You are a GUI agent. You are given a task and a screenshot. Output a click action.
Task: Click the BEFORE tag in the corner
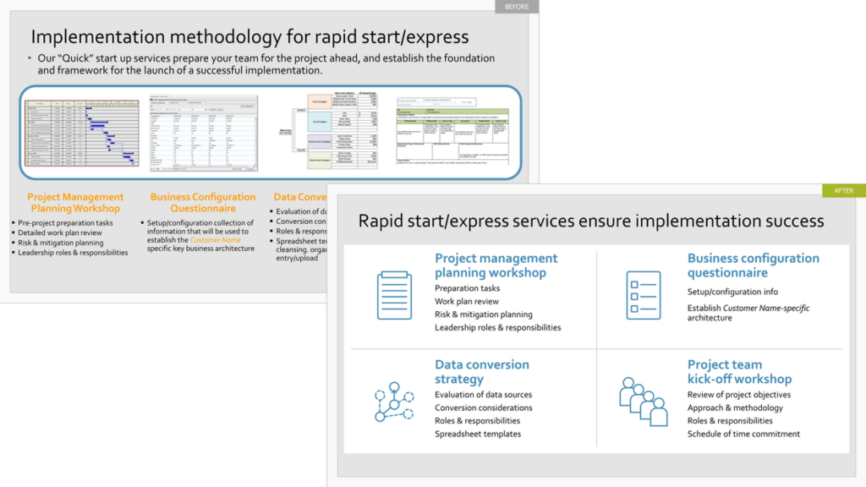click(x=516, y=7)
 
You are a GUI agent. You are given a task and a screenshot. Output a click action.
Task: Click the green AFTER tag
click(x=843, y=191)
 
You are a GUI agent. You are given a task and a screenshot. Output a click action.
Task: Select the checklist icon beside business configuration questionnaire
click(x=643, y=295)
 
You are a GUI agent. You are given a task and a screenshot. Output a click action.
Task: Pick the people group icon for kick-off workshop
click(x=643, y=401)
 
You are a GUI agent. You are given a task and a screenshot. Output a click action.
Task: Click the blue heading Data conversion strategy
click(x=482, y=372)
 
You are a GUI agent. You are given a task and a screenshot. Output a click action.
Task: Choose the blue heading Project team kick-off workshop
click(x=739, y=372)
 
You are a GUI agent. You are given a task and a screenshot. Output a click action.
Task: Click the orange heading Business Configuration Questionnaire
click(x=203, y=203)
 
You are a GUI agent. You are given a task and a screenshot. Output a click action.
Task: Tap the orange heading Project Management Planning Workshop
click(x=75, y=203)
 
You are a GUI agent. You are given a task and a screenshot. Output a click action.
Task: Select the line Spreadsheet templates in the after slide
click(x=478, y=435)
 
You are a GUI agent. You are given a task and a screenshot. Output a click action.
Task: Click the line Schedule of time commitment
click(x=743, y=435)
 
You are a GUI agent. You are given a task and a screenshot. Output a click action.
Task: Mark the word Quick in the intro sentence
click(x=75, y=58)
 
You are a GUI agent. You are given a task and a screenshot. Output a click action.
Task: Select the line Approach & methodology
click(x=735, y=408)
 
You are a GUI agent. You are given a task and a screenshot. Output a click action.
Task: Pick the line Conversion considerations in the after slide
click(x=483, y=408)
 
